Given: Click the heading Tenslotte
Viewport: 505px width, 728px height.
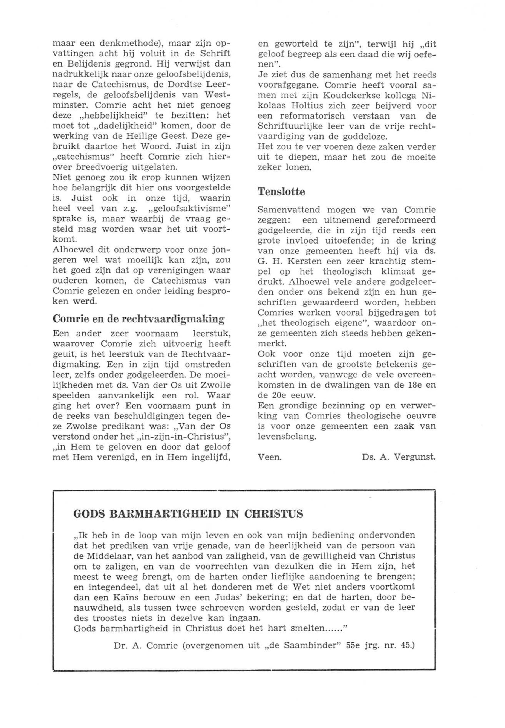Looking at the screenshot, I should point(281,192).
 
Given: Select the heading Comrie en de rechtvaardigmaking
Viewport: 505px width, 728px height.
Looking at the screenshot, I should point(138,319).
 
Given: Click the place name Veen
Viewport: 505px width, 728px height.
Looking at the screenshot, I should point(270,457).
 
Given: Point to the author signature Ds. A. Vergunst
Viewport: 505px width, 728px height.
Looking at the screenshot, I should point(399,457).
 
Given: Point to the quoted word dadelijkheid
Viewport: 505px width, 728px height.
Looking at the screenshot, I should point(126,126).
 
